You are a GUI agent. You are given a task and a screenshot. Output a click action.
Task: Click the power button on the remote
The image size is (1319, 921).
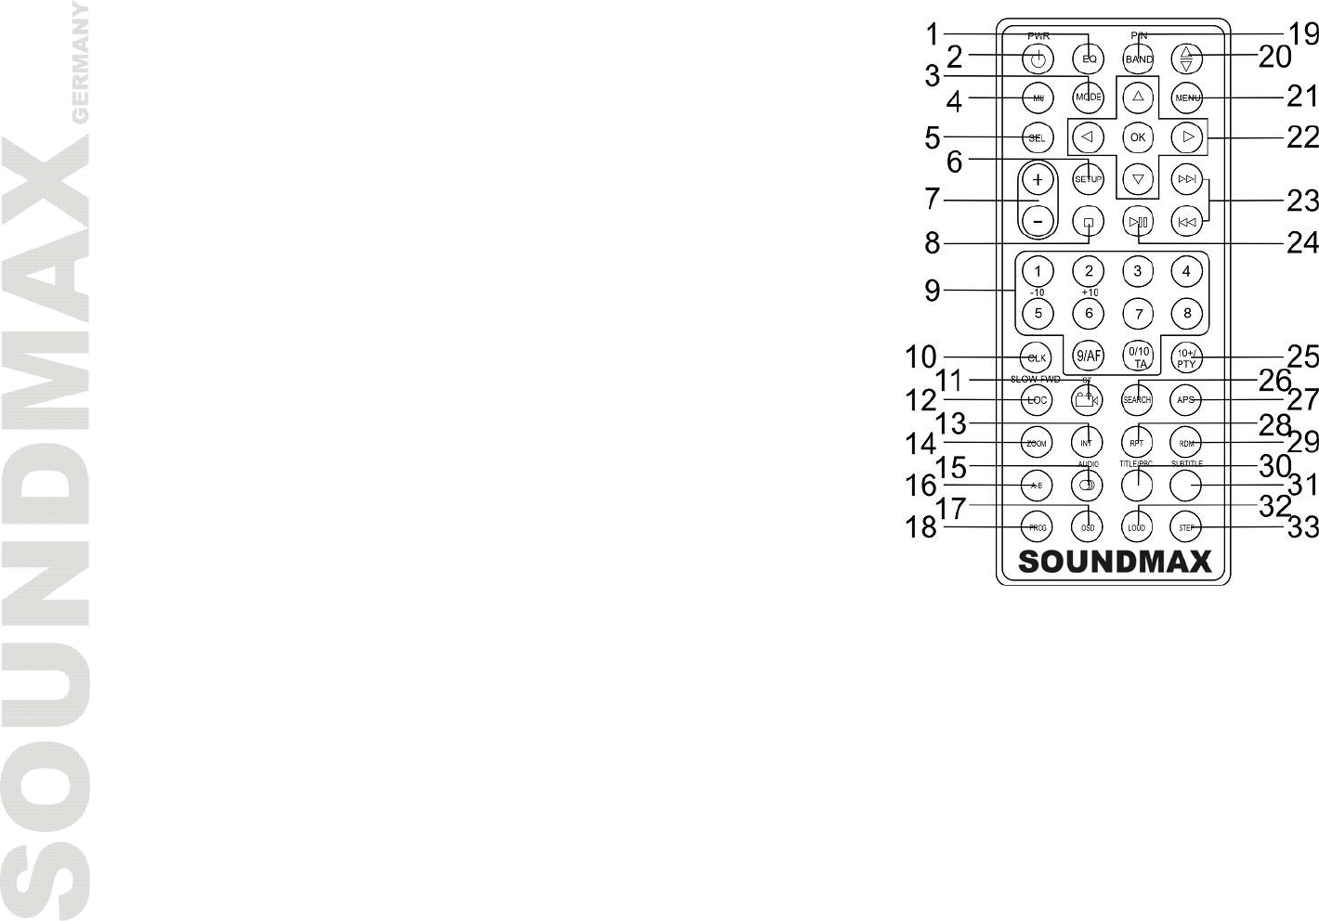pyautogui.click(x=1038, y=60)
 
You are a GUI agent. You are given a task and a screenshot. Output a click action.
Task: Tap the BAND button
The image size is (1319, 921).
pyautogui.click(x=1139, y=59)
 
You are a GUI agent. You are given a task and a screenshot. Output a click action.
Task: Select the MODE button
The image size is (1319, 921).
pyautogui.click(x=1088, y=97)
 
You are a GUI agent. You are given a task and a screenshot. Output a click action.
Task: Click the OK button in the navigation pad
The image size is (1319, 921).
pyautogui.click(x=1138, y=137)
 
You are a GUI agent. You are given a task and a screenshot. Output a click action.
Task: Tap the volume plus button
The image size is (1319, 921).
pyautogui.click(x=1038, y=179)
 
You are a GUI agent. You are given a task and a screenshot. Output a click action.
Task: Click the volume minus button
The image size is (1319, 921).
pyautogui.click(x=1038, y=221)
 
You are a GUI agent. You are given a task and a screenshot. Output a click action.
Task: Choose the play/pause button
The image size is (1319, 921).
pyautogui.click(x=1138, y=222)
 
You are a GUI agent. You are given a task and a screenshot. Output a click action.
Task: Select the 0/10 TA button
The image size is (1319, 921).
pyautogui.click(x=1139, y=357)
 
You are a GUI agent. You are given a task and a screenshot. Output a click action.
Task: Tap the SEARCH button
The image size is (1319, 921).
pyautogui.click(x=1137, y=400)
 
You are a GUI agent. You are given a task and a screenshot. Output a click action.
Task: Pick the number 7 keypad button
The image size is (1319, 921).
pyautogui.click(x=1139, y=314)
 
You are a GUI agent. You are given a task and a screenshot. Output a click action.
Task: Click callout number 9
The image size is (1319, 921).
pyautogui.click(x=933, y=291)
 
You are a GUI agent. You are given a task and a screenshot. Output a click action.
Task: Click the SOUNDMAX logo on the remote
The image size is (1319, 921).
pyautogui.click(x=1115, y=561)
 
